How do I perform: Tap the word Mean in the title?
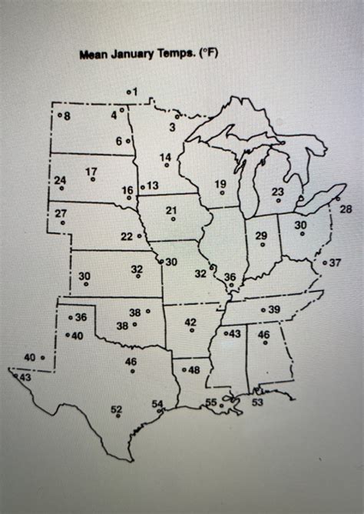click(92, 55)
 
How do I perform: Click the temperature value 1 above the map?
click(135, 92)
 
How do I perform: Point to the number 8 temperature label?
click(67, 116)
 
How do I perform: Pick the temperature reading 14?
click(165, 158)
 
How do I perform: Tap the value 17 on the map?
click(91, 171)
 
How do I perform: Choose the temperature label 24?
click(61, 180)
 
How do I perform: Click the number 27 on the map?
click(61, 213)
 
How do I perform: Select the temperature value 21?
click(171, 210)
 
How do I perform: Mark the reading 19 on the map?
click(220, 183)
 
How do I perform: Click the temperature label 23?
click(278, 192)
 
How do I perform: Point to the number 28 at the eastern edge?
click(346, 209)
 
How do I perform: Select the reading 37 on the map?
click(335, 262)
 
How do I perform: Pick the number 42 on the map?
click(191, 322)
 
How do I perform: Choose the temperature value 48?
click(194, 370)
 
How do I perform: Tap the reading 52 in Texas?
click(117, 409)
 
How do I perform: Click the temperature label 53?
click(257, 402)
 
